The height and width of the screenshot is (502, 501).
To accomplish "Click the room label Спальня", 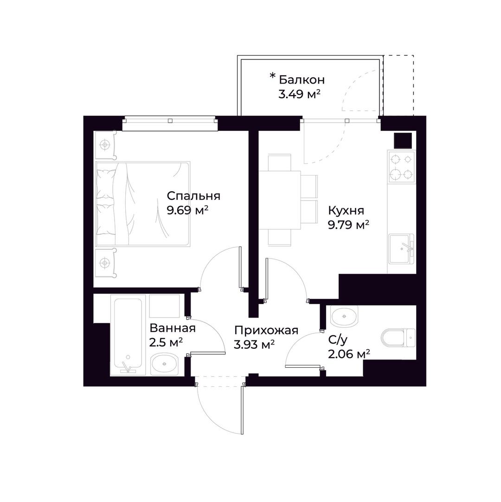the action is click(x=193, y=196).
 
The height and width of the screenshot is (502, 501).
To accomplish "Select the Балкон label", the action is click(x=302, y=79).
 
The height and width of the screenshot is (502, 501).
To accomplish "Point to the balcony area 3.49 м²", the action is click(x=299, y=94).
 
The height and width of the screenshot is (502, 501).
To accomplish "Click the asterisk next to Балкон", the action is click(x=272, y=76).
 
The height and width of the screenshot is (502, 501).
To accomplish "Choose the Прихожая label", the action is click(x=266, y=330).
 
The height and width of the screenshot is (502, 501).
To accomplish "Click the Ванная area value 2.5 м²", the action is click(x=166, y=342).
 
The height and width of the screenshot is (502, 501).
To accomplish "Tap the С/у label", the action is click(x=338, y=340).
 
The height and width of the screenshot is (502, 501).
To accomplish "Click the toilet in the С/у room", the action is click(x=398, y=338).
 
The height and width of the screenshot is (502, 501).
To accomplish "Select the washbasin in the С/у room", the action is click(x=344, y=316).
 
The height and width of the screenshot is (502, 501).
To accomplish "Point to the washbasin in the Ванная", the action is click(x=164, y=364).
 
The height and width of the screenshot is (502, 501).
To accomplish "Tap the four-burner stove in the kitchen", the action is click(x=401, y=167).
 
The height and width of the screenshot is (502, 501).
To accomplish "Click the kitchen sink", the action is click(x=401, y=248).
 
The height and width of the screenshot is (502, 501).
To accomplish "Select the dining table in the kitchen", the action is click(x=280, y=201).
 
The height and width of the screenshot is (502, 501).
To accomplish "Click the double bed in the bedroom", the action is click(x=143, y=204).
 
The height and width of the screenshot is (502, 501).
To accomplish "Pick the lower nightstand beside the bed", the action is click(x=105, y=263).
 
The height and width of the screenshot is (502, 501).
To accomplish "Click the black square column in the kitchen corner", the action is click(x=403, y=140).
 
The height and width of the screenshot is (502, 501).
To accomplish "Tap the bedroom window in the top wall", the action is click(x=170, y=123).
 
